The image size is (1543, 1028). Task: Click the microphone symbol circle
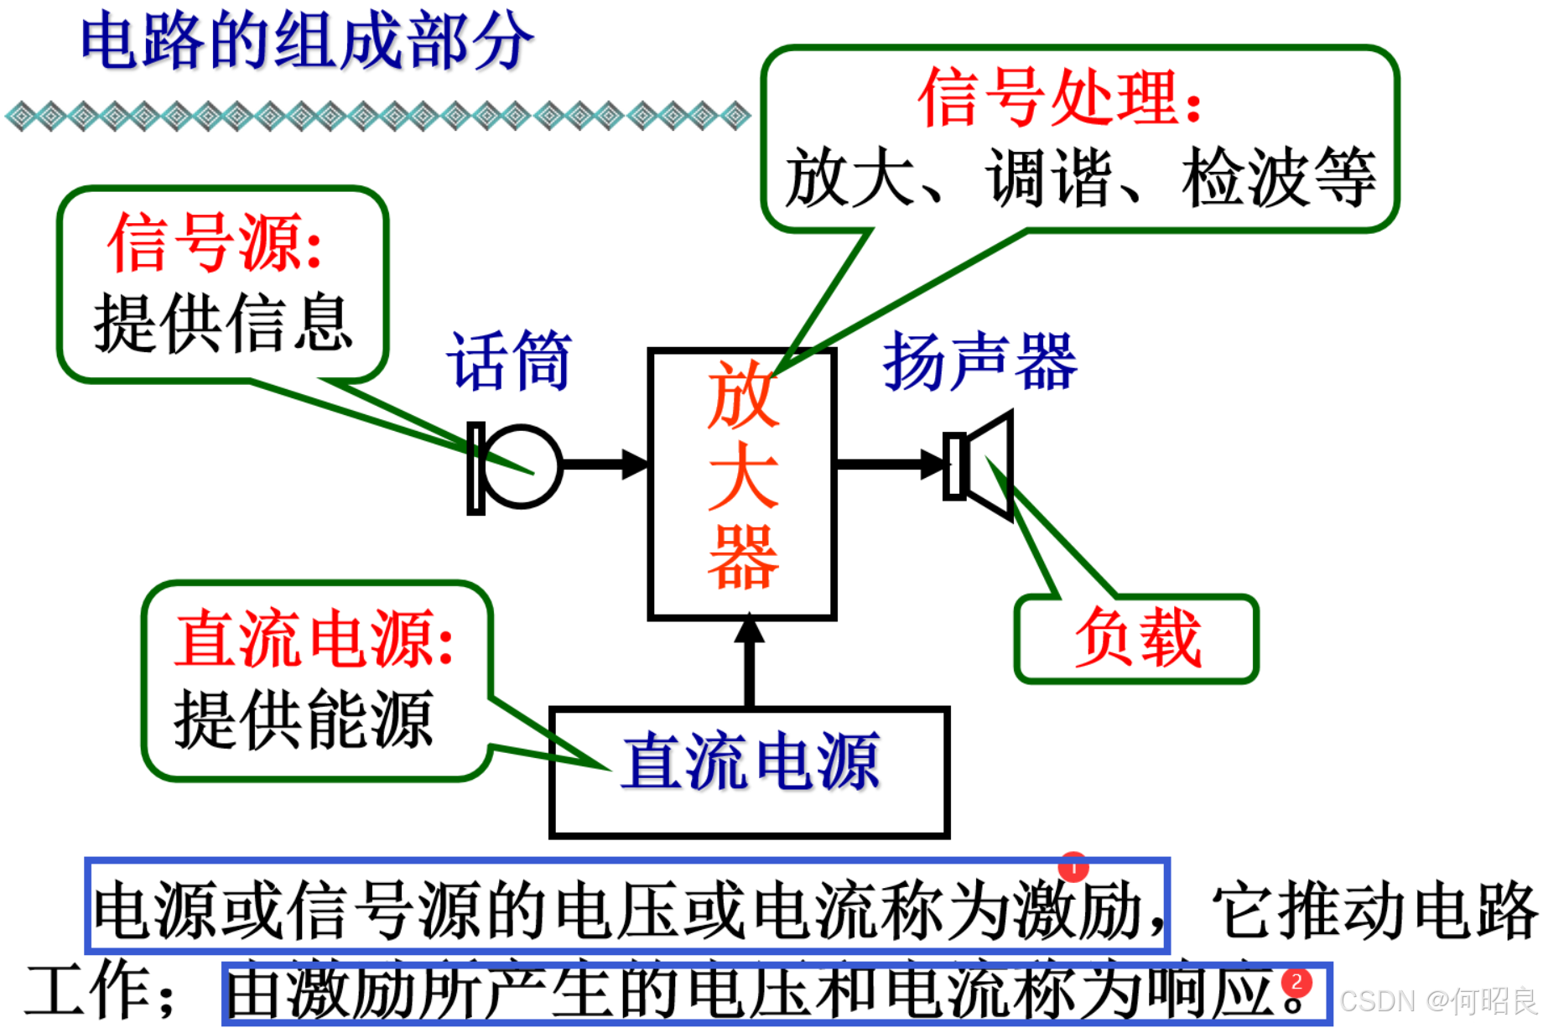pyautogui.click(x=522, y=466)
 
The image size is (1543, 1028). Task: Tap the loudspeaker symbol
pyautogui.click(x=981, y=466)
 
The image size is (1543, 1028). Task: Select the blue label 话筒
pyautogui.click(x=509, y=361)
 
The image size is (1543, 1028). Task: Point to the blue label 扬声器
pyautogui.click(x=980, y=361)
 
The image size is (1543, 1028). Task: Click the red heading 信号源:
pyautogui.click(x=215, y=243)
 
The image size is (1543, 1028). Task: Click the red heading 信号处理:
pyautogui.click(x=1061, y=99)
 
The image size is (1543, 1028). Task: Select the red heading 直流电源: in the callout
pyautogui.click(x=314, y=639)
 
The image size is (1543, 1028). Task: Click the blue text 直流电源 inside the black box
pyautogui.click(x=751, y=762)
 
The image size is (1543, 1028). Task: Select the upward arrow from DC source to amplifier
pyautogui.click(x=750, y=662)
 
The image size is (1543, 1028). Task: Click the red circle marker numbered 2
pyautogui.click(x=1296, y=983)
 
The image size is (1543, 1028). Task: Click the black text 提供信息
pyautogui.click(x=223, y=324)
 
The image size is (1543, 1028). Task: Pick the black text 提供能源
pyautogui.click(x=303, y=719)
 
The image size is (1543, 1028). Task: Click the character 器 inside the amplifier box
pyautogui.click(x=743, y=558)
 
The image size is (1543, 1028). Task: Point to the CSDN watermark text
pyautogui.click(x=1438, y=1001)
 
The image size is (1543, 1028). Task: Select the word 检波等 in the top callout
pyautogui.click(x=1279, y=178)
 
